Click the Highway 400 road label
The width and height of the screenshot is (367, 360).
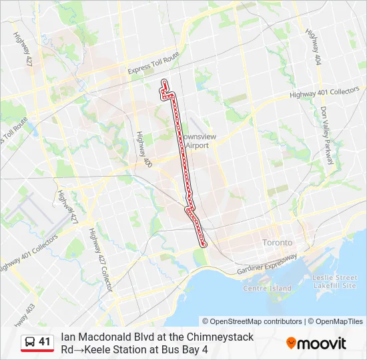[x=142, y=150]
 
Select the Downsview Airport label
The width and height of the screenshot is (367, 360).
[x=195, y=141]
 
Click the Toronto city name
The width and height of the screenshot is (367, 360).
[x=278, y=242]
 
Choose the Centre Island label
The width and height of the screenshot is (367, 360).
[x=267, y=288]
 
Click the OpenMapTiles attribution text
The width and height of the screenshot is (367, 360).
[x=339, y=321]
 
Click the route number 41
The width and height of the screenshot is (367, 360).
[x=45, y=342]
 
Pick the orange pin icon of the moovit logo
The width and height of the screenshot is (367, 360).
[x=291, y=343]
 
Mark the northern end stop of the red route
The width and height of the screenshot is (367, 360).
[x=164, y=82]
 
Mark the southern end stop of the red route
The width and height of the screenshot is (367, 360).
[x=204, y=245]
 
